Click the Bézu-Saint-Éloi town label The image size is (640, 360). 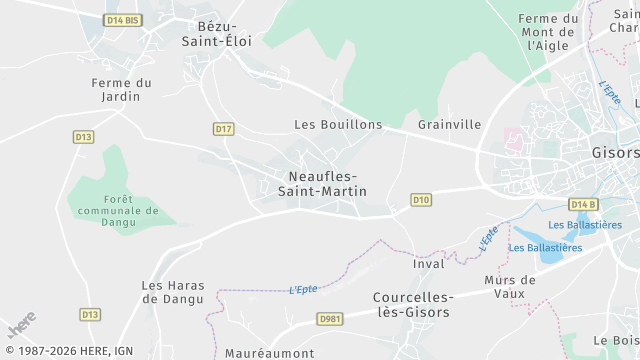point(216,33)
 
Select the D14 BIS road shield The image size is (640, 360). point(122,20)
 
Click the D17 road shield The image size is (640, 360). point(223,129)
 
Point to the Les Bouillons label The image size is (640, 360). point(338,125)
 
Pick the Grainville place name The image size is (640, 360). point(449,125)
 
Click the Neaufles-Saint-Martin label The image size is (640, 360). point(321,183)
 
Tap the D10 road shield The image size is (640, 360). point(421,201)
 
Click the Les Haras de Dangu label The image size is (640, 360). point(173,291)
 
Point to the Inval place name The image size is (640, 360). point(428,264)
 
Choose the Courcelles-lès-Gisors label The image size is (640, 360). point(413,304)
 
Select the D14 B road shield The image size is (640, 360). point(582,205)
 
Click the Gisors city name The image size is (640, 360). point(615,153)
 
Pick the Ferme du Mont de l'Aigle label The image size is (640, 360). point(549,32)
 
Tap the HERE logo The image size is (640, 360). point(20,325)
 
